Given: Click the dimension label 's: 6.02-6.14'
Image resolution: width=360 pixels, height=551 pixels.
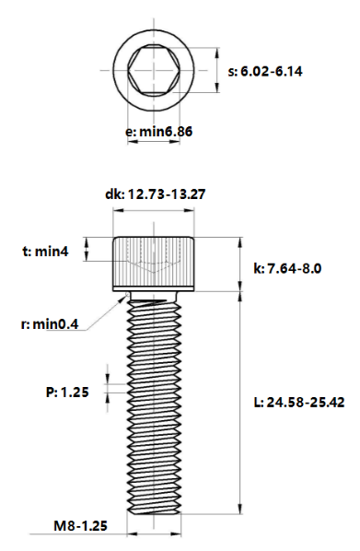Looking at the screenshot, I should click(x=276, y=70).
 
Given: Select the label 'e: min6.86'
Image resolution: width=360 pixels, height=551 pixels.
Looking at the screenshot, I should click(x=158, y=132).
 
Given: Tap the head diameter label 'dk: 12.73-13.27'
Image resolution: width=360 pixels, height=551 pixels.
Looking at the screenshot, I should click(x=154, y=194).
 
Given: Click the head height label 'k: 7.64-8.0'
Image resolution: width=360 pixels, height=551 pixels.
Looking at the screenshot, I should click(x=286, y=269).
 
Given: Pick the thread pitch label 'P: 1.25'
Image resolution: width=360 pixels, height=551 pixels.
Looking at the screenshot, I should click(x=67, y=392).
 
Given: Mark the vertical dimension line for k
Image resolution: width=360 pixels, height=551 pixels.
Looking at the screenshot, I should click(x=240, y=264).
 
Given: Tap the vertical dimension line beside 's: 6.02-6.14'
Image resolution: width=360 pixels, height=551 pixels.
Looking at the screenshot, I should click(x=218, y=70).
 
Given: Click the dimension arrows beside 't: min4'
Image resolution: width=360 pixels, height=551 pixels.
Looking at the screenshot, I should click(x=87, y=249).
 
